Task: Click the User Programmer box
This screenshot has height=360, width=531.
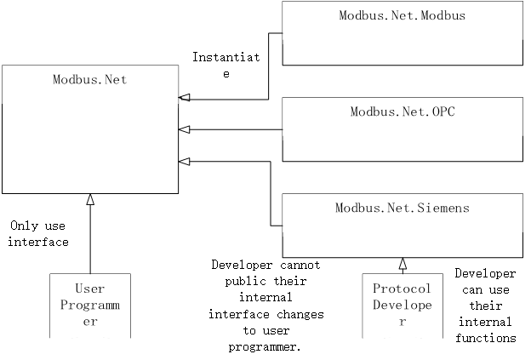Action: (x=90, y=305)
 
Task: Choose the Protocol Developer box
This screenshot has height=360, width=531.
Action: (x=403, y=305)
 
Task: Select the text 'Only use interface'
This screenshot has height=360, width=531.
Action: (x=38, y=234)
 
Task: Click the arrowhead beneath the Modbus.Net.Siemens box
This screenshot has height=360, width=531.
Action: (x=403, y=263)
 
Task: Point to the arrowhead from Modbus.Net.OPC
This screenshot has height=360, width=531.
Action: (x=184, y=130)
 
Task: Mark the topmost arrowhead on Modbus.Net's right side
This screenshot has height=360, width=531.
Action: (x=184, y=99)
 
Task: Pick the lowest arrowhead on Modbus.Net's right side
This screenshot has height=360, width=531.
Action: (x=184, y=162)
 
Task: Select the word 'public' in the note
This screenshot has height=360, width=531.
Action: (x=231, y=280)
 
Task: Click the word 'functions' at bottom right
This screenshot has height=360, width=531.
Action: (x=485, y=338)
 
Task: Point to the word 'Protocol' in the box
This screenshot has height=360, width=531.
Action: (x=403, y=289)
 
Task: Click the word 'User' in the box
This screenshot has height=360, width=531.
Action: (x=90, y=289)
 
